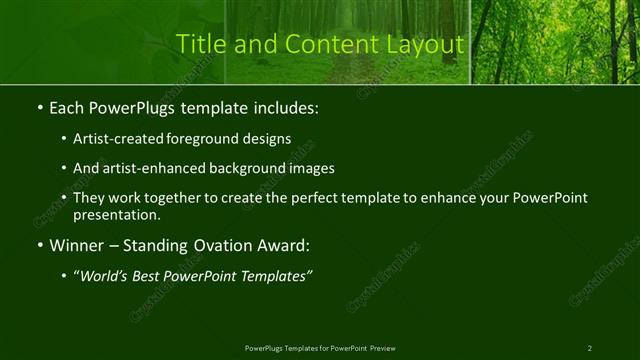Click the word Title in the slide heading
tap(198, 45)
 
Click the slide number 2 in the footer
tap(589, 347)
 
